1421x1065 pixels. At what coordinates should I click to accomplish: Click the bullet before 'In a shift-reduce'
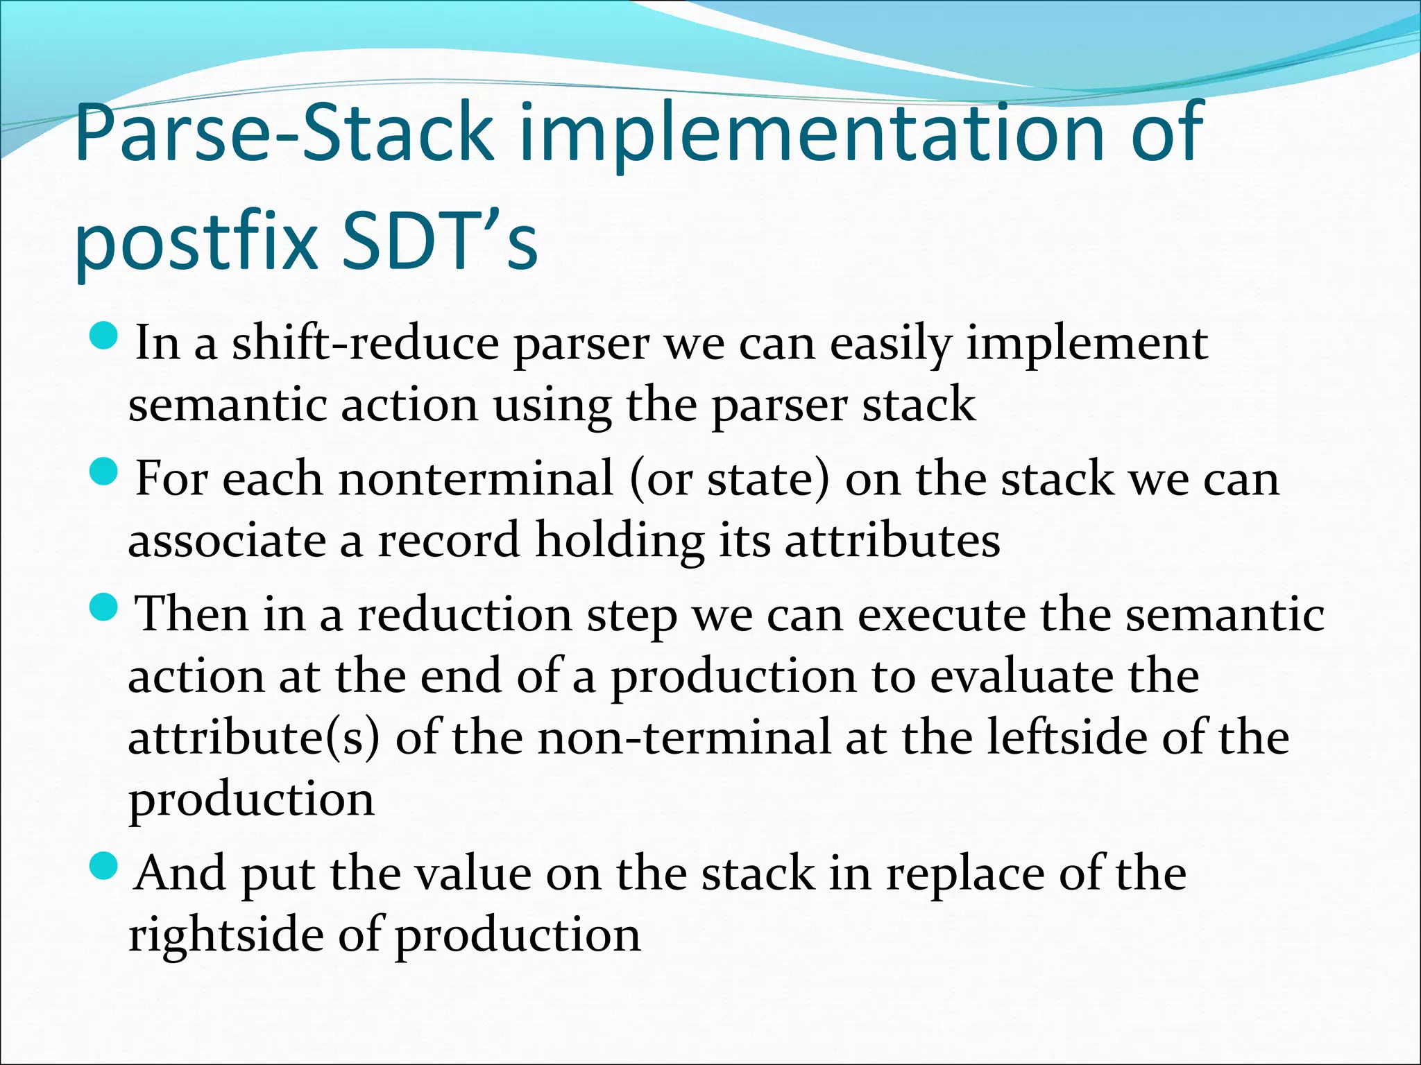click(105, 338)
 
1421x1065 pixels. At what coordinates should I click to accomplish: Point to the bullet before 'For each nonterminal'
click(105, 474)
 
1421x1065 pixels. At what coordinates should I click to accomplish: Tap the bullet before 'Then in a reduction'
click(105, 609)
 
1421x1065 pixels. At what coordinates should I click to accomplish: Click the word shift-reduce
click(365, 343)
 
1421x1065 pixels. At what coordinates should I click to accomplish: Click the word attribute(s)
click(254, 737)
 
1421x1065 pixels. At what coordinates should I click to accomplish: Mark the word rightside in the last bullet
click(226, 935)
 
